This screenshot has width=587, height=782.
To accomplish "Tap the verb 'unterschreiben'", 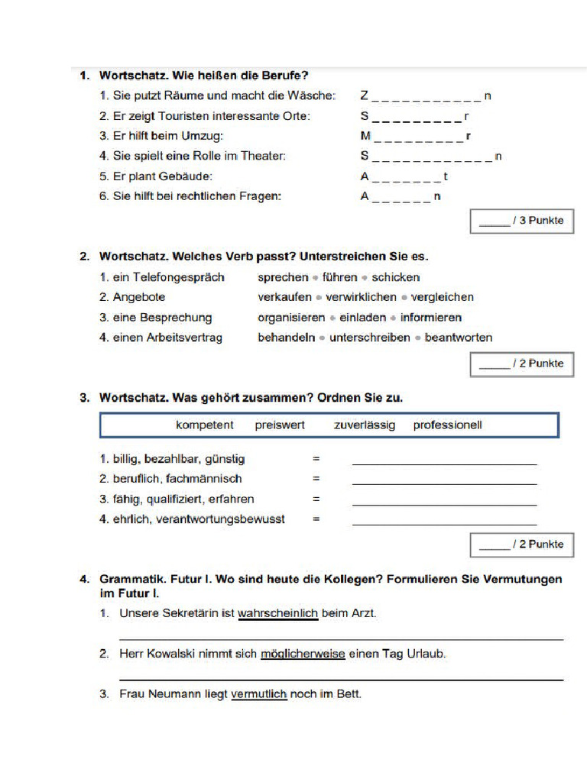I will pos(369,338).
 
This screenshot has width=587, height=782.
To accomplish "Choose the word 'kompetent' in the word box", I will pos(205,425).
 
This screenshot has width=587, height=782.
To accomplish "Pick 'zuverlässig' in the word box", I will pos(365,425).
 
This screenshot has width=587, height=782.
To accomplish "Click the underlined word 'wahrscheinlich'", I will pos(277,613).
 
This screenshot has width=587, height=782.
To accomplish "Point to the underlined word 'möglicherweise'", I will pos(303,654).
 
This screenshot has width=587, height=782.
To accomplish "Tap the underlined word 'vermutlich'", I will pos(258,694).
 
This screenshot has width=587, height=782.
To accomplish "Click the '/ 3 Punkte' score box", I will pos(521,221).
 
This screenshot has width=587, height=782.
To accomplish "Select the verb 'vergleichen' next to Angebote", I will pos(443,297).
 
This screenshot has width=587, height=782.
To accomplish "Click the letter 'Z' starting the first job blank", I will pos(365,96).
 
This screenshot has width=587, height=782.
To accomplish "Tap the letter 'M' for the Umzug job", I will pos(365,137).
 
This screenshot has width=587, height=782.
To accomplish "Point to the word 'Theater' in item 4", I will pos(263,157).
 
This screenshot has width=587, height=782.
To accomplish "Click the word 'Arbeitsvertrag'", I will pos(184,338).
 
